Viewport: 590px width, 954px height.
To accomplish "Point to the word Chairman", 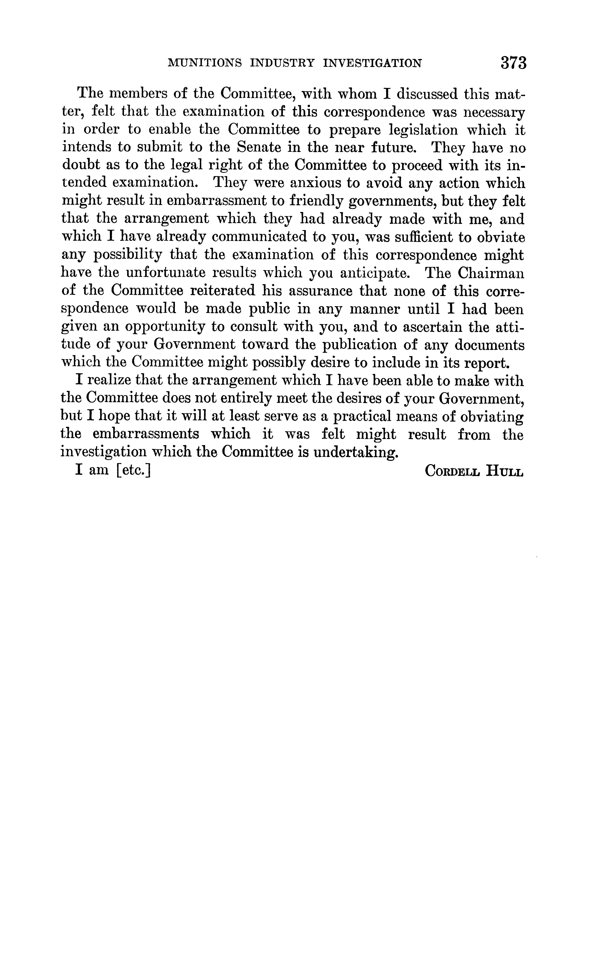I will [x=491, y=273].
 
